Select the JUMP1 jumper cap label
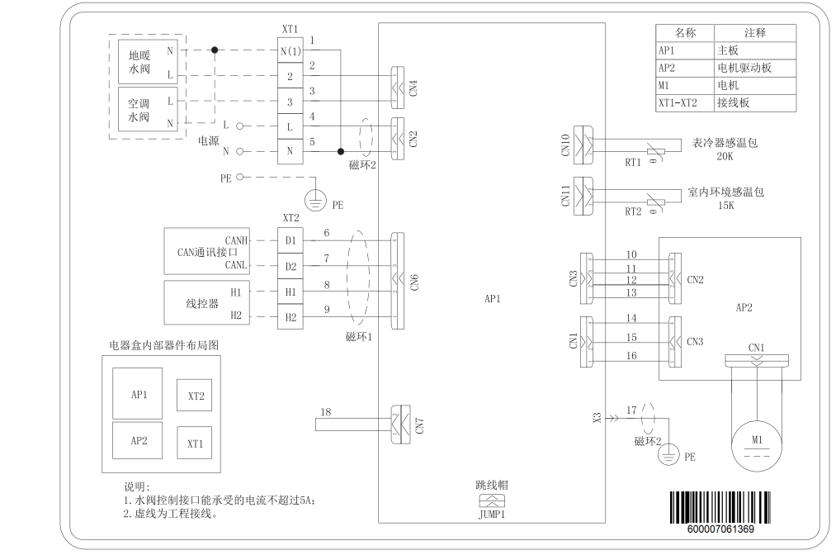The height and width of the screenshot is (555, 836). point(492,512)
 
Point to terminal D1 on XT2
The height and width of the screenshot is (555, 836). point(290,240)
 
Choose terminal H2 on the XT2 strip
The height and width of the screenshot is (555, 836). point(290,318)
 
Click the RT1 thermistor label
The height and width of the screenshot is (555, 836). point(632,163)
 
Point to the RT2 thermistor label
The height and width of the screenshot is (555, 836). point(632,211)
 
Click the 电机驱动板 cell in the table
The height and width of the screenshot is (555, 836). point(744,67)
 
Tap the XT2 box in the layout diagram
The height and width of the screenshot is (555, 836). point(196,396)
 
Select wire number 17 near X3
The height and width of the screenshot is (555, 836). point(631,409)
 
